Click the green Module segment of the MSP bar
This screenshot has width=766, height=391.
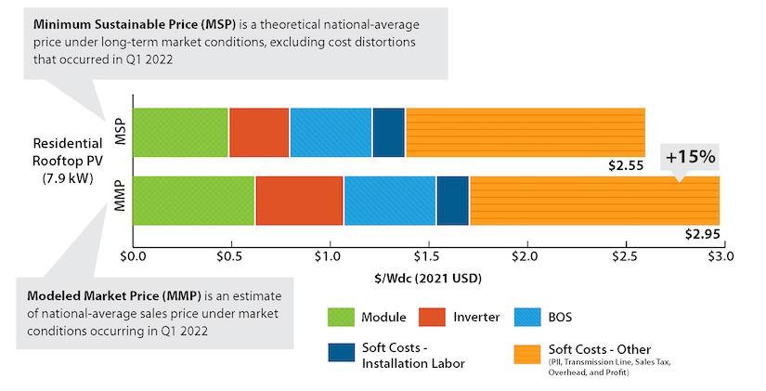pyautogui.click(x=181, y=132)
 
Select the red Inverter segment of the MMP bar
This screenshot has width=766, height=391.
pyautogui.click(x=299, y=201)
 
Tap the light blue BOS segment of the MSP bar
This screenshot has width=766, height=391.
pyautogui.click(x=331, y=132)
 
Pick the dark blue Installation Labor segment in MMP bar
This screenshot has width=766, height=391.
pyautogui.click(x=452, y=201)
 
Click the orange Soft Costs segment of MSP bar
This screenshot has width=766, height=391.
pyautogui.click(x=525, y=132)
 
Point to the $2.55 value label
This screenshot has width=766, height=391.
pyautogui.click(x=626, y=167)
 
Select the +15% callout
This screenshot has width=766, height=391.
pyautogui.click(x=690, y=157)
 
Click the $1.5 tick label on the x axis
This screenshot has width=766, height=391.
pyautogui.click(x=426, y=255)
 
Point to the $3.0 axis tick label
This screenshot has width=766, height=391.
pyautogui.click(x=720, y=255)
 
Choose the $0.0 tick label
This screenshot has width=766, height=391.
pyautogui.click(x=134, y=255)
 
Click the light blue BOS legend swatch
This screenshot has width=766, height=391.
pyautogui.click(x=528, y=317)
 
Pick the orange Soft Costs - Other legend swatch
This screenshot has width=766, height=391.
pyautogui.click(x=528, y=358)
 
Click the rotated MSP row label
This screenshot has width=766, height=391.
pyautogui.click(x=117, y=132)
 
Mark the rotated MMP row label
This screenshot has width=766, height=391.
pyautogui.click(x=117, y=201)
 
